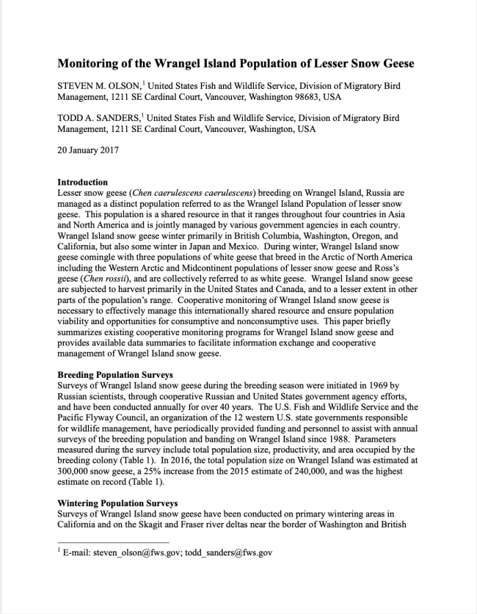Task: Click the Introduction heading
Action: click(x=82, y=182)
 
